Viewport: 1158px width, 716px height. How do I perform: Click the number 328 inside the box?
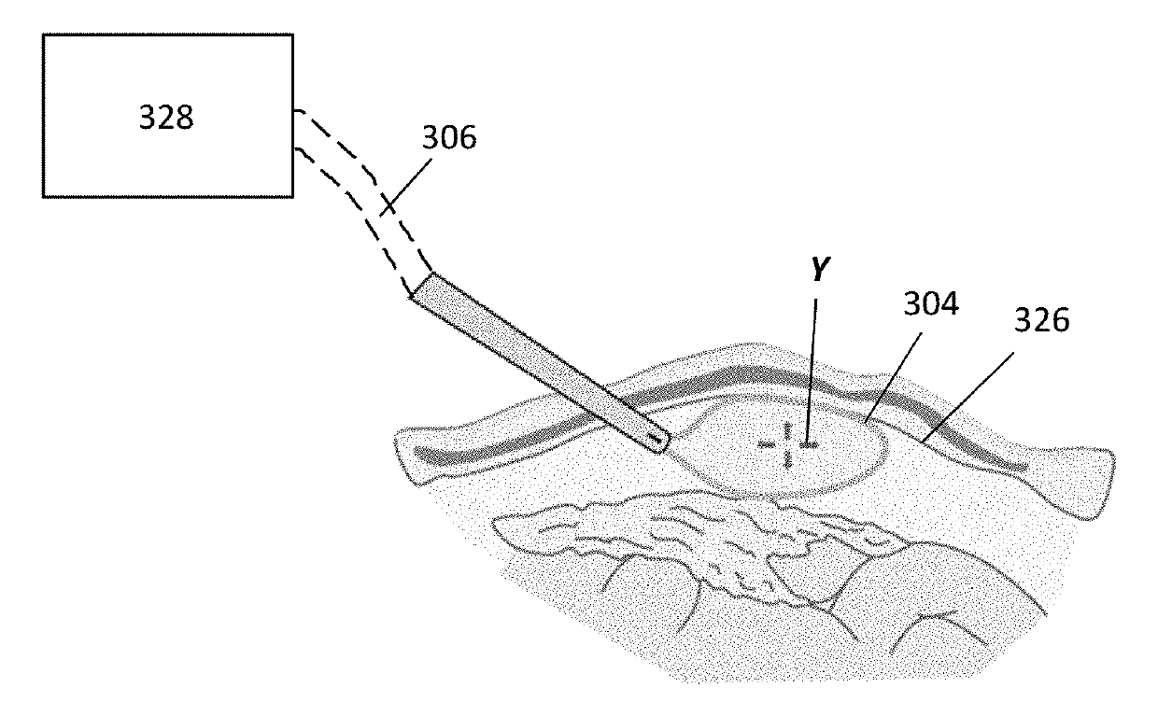tap(166, 118)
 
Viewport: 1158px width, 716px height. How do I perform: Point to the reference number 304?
tap(930, 305)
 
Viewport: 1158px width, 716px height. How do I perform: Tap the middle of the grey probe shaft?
tap(539, 361)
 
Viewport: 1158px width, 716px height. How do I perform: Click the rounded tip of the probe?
tap(659, 442)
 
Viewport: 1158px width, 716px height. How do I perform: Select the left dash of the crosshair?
tap(766, 445)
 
